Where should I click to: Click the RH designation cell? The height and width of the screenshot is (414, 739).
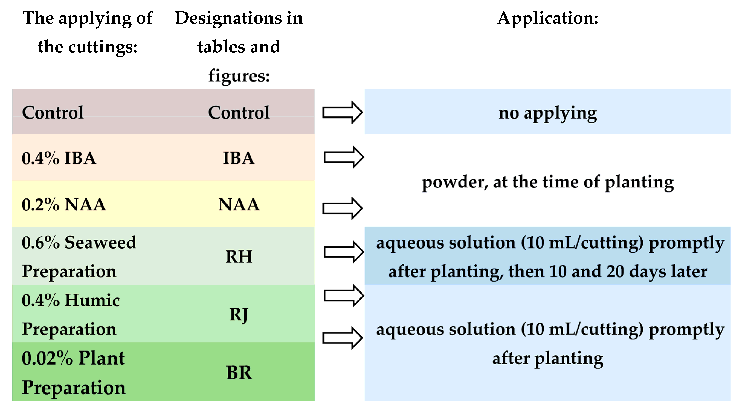(x=239, y=256)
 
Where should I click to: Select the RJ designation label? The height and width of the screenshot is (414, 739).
(x=239, y=314)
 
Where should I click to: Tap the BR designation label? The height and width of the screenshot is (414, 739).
(x=239, y=373)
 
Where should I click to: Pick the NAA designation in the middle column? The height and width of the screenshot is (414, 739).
(x=239, y=204)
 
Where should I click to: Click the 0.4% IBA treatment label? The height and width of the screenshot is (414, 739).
(x=59, y=158)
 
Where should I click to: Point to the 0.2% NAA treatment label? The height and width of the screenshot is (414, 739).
(x=64, y=204)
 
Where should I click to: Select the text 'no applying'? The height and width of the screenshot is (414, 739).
(x=547, y=113)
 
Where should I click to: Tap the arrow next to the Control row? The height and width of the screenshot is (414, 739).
(x=343, y=112)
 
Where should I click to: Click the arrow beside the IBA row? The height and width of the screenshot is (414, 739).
(x=344, y=157)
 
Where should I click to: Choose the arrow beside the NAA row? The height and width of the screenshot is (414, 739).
(x=343, y=208)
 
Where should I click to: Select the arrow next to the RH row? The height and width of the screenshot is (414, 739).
(x=344, y=252)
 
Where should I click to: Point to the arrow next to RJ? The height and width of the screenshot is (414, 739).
(x=344, y=296)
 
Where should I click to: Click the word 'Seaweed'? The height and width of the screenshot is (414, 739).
(x=100, y=243)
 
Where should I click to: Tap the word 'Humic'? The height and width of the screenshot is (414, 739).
(x=92, y=300)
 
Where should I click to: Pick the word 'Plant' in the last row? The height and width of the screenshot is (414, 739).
(x=102, y=358)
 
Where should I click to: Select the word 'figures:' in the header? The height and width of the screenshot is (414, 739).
(x=239, y=76)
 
